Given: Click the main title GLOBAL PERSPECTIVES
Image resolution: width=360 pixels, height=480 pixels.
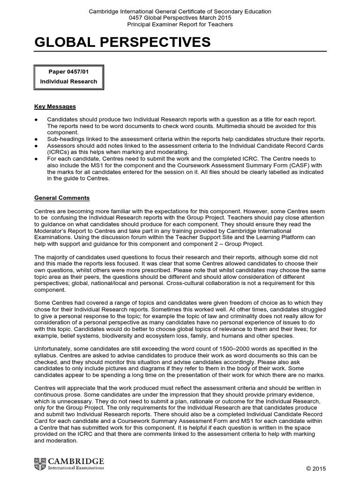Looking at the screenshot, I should pyautogui.click(x=122, y=43).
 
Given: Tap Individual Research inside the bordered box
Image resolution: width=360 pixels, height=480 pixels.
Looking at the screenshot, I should pyautogui.click(x=69, y=82).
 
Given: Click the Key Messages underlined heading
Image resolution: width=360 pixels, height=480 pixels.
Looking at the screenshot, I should pyautogui.click(x=55, y=106).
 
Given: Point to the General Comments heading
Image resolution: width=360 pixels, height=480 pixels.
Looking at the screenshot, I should pyautogui.click(x=62, y=198).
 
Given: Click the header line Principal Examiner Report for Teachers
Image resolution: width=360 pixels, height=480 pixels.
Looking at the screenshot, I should pyautogui.click(x=180, y=24).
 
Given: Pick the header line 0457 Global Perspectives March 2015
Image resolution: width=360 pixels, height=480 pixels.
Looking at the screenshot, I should pyautogui.click(x=180, y=18).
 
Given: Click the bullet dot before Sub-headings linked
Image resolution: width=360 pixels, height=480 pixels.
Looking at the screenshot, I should pyautogui.click(x=37, y=139).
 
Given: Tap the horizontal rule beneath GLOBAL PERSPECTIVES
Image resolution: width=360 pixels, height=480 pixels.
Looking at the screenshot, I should pyautogui.click(x=180, y=52).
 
